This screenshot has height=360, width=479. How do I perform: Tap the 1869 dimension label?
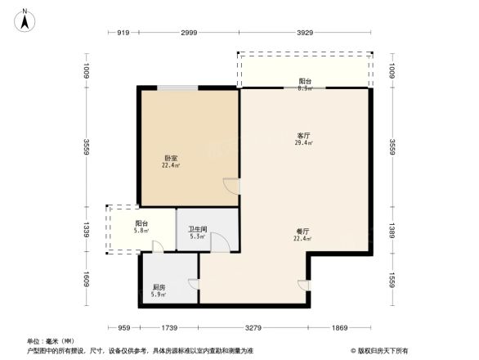point(340,327)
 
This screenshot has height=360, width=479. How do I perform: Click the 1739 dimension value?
point(168,327)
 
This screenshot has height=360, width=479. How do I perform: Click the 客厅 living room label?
point(304,135)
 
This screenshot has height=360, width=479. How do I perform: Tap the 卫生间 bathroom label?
point(196,230)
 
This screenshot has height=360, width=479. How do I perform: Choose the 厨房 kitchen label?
point(159,287)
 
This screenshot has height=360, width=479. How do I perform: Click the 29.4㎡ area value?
point(304,142)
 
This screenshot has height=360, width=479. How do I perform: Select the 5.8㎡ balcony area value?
point(141,231)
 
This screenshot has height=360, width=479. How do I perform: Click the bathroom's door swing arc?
point(219,242)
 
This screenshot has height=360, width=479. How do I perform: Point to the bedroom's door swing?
point(232,187)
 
